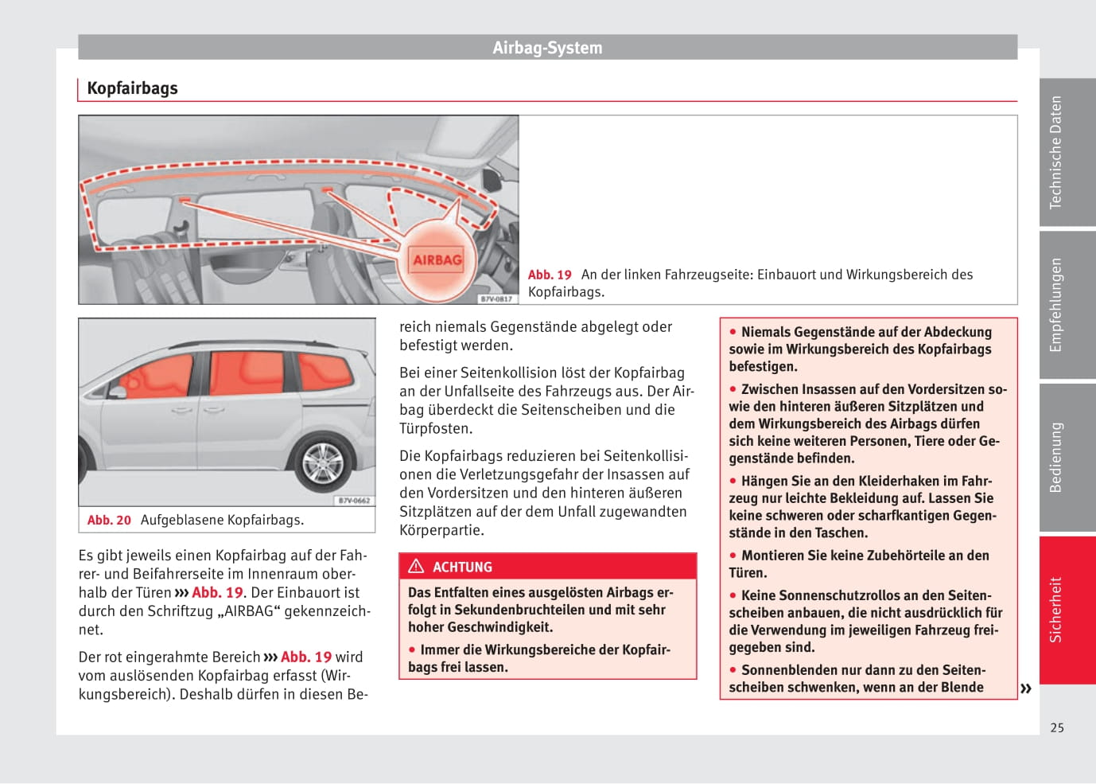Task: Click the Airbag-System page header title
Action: tap(547, 48)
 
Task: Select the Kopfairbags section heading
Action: tap(132, 88)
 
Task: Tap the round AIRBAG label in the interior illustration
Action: tap(437, 259)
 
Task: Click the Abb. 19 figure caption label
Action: tap(550, 275)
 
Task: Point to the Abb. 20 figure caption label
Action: tap(109, 520)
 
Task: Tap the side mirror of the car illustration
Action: tap(119, 392)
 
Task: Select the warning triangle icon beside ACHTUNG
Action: tap(416, 567)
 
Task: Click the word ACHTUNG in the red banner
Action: tap(462, 568)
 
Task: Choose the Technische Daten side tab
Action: tap(1055, 152)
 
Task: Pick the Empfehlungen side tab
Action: tap(1055, 305)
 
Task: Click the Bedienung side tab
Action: tap(1055, 458)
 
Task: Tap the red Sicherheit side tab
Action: tap(1055, 610)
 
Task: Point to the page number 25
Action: tap(1056, 727)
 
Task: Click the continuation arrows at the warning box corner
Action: tap(1026, 688)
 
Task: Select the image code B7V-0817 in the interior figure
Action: tap(497, 298)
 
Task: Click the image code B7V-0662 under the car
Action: tap(354, 501)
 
